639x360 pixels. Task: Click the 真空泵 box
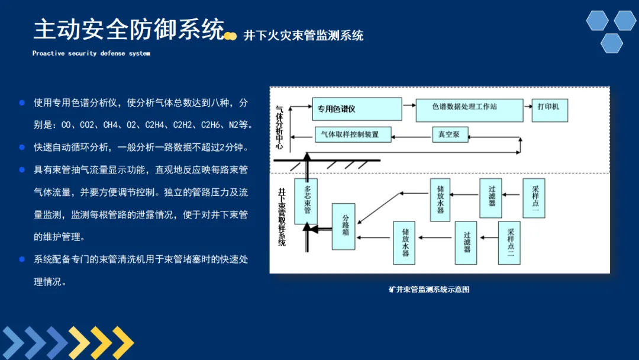449,134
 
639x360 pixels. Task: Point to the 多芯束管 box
306,201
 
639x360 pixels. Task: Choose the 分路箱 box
343,225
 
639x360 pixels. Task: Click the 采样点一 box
534,197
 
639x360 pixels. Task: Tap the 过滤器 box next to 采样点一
490,197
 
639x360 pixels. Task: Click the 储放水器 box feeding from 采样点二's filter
404,242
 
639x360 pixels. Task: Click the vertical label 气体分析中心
279,128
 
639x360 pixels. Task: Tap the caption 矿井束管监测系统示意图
429,290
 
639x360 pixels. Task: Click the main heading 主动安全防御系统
128,29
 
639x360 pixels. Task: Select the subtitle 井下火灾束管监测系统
304,36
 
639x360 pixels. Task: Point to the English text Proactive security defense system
91,53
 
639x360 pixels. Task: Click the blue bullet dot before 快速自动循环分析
22,147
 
